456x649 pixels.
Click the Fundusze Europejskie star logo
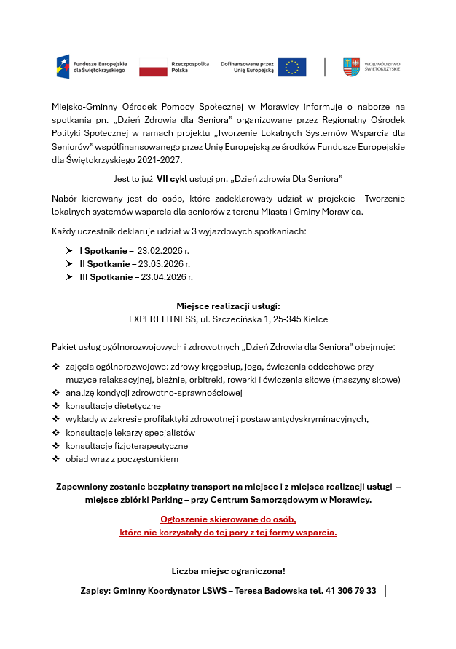tap(63, 67)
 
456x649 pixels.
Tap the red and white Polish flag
tap(153, 67)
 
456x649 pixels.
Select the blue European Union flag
tap(292, 67)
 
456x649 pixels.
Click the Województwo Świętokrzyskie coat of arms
tap(351, 67)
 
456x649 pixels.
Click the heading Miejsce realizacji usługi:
tap(228, 306)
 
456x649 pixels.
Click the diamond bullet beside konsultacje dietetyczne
tap(56, 406)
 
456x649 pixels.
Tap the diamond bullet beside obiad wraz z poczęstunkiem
tap(56, 459)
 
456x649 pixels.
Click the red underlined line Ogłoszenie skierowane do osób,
tap(228, 519)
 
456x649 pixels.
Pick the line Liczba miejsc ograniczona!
tap(228, 570)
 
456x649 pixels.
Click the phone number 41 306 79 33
tap(350, 591)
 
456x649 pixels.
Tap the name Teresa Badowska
tap(272, 591)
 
